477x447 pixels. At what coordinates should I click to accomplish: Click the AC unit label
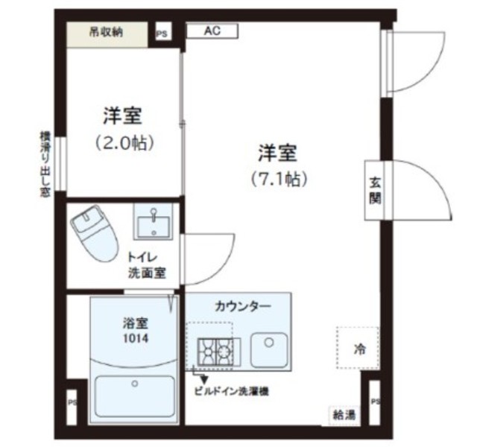pos(212,31)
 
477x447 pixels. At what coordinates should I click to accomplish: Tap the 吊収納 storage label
pos(107,32)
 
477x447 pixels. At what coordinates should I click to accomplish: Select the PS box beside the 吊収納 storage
pos(162,34)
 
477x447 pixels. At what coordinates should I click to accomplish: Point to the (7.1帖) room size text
pos(279,179)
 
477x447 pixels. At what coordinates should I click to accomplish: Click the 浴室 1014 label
pos(136,330)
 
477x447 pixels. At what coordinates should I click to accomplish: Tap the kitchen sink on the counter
pos(268,349)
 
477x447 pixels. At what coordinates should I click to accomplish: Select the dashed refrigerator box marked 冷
pos(357,348)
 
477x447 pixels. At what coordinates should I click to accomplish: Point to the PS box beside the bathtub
pos(72,402)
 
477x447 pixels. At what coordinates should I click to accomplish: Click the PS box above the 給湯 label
pos(375,402)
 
